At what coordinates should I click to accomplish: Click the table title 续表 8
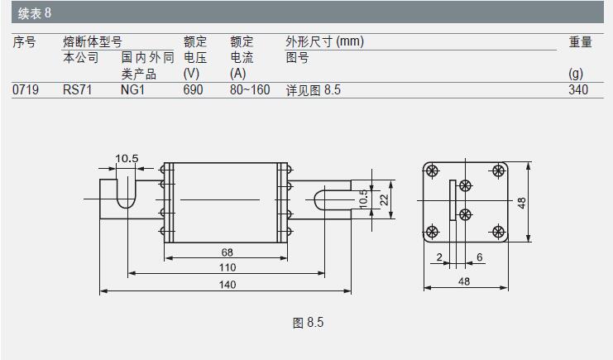[x=36, y=12]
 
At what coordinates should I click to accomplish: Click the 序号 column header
[x=24, y=42]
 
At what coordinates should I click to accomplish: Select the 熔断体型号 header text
[x=93, y=42]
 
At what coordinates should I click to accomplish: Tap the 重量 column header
[x=580, y=42]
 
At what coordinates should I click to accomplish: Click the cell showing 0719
[x=26, y=89]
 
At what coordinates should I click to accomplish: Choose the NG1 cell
[x=132, y=89]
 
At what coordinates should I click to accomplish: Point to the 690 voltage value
[x=193, y=89]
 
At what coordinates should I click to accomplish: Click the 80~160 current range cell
[x=250, y=89]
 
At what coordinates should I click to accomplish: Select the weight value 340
[x=578, y=89]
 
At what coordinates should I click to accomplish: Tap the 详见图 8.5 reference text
[x=314, y=89]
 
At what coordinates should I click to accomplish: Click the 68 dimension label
[x=227, y=251]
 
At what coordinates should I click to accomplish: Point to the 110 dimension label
[x=227, y=267]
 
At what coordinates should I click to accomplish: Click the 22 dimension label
[x=383, y=199]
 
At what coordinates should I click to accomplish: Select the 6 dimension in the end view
[x=480, y=257]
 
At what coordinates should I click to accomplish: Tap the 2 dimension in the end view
[x=438, y=257]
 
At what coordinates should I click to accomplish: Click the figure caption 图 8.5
[x=308, y=323]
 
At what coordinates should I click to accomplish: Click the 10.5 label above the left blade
[x=127, y=158]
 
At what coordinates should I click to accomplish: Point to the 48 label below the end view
[x=464, y=281]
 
